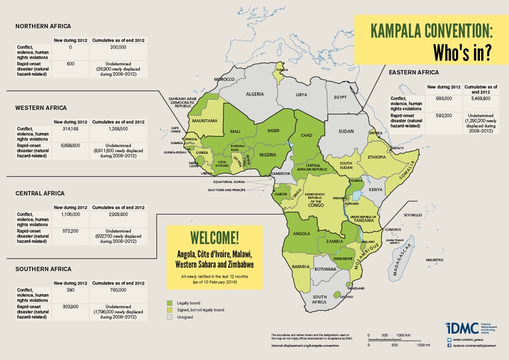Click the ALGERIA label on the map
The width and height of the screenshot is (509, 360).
click(x=255, y=94)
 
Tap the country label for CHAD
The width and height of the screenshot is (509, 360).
click(x=307, y=135)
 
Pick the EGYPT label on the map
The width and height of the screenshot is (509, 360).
click(x=341, y=97)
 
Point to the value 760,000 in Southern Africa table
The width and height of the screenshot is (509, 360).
click(x=117, y=290)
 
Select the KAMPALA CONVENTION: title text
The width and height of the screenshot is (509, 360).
click(x=431, y=30)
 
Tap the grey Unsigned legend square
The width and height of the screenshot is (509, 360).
click(x=170, y=317)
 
